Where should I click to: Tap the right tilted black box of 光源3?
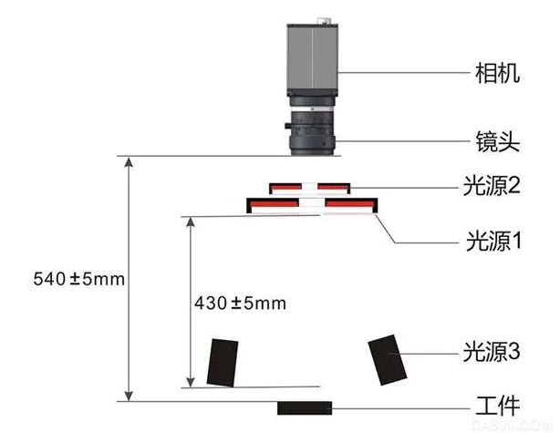tap(388, 359)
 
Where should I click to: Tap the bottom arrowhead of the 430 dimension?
tap(190, 380)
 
